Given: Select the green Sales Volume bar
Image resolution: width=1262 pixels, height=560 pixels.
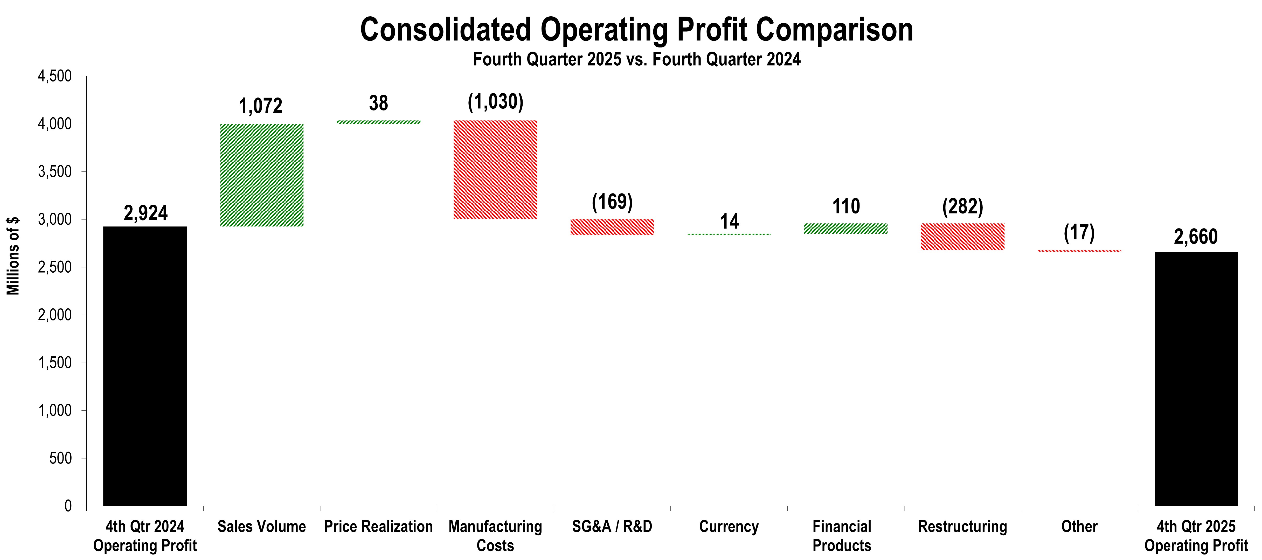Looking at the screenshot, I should coord(262,175).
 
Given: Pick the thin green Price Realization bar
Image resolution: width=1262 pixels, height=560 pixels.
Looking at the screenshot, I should coord(378,122).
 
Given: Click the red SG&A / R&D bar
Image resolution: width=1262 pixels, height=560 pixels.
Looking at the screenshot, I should coord(612,227).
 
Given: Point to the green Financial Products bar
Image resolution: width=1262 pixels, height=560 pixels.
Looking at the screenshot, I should coord(845,228).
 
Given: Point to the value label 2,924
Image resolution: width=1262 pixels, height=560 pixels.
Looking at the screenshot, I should coord(145,213).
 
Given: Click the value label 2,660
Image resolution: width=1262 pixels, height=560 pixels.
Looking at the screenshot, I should coord(1195,237).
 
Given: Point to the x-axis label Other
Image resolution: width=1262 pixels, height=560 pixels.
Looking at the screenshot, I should coord(1079,527).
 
